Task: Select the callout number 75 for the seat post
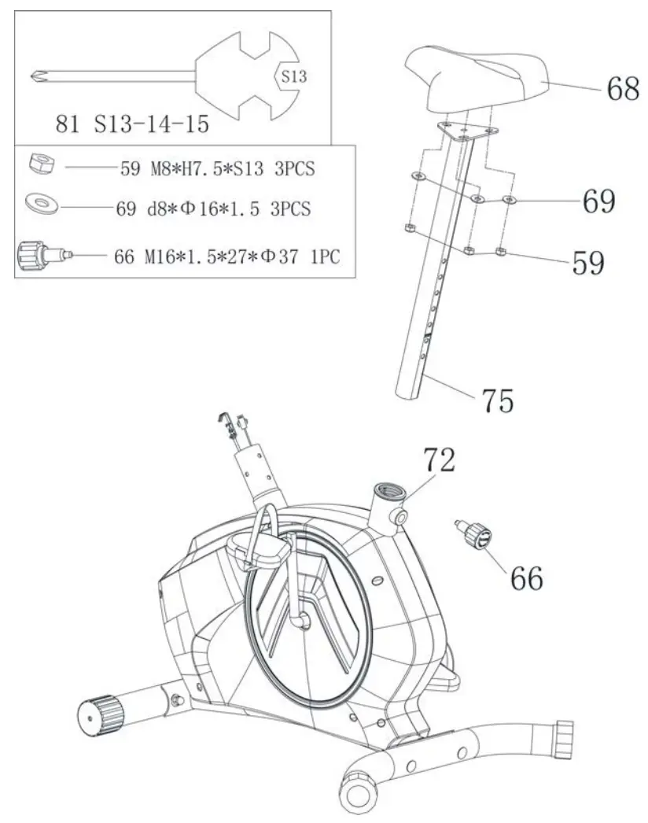point(496,400)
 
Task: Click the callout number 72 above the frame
point(439,460)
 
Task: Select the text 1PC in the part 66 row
point(325,256)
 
